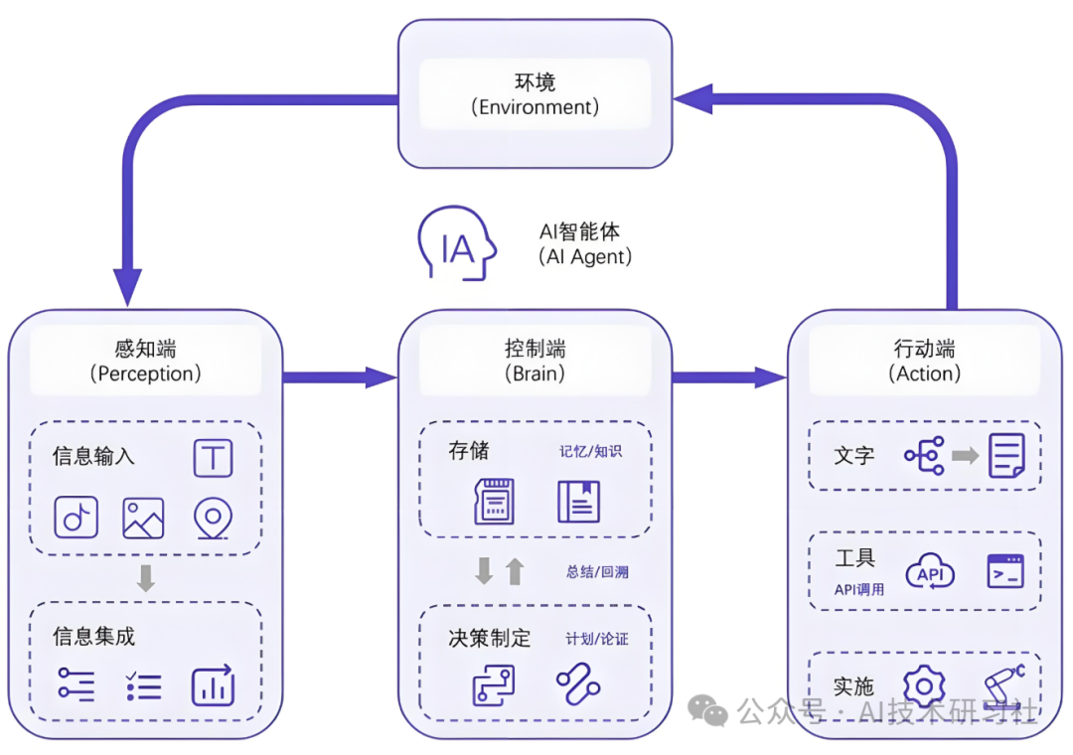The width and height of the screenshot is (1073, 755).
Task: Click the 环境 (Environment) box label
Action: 535,93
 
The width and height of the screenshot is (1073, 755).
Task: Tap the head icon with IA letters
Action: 456,244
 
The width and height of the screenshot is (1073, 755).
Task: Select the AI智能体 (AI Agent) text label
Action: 585,243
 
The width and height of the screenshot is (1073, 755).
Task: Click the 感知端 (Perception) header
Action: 145,361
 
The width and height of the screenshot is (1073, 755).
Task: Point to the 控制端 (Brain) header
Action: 535,361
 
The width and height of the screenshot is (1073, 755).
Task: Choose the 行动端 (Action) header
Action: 924,361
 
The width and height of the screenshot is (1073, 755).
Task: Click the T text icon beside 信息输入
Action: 213,458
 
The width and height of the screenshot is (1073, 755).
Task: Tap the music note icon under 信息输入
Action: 76,517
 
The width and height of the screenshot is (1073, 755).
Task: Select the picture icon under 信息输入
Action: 143,518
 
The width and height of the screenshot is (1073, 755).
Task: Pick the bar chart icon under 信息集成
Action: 213,685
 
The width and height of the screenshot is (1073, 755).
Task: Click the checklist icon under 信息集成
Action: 143,685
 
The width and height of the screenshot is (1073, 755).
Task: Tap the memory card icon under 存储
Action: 494,502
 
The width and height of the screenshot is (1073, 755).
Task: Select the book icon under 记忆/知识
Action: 578,502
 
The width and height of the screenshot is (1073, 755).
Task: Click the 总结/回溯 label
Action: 597,571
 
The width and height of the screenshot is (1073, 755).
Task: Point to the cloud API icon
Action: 930,573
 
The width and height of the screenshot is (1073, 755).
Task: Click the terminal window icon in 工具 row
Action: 1004,571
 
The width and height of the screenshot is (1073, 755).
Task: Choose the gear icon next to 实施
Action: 924,686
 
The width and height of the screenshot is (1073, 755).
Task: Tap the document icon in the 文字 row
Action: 1005,456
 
